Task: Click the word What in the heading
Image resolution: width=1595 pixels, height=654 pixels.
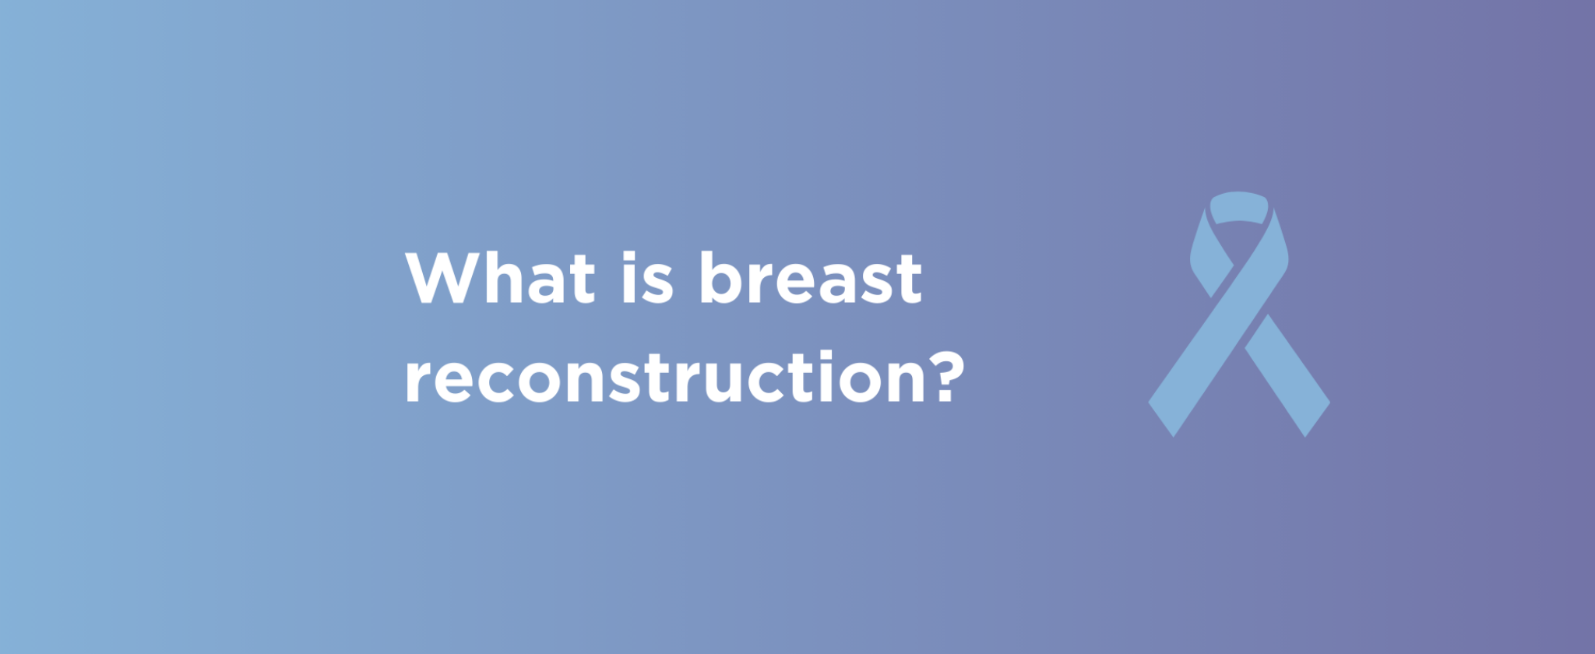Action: pos(500,278)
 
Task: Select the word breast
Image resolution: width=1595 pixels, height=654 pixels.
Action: pos(811,278)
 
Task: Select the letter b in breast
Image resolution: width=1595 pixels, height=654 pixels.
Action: pos(722,278)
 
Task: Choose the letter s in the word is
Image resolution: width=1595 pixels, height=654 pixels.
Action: pos(658,285)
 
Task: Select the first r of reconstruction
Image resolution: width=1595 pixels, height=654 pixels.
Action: pos(418,383)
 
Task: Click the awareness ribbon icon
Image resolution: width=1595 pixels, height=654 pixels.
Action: pos(1239,314)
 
